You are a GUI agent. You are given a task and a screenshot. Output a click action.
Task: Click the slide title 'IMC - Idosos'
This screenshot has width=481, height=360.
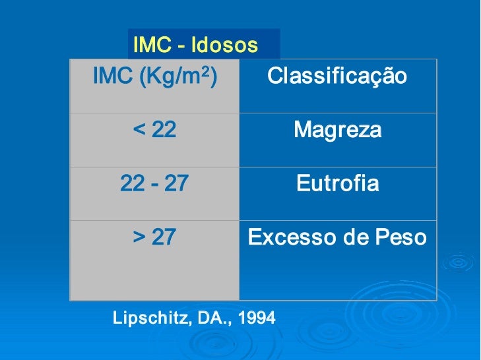click(x=195, y=45)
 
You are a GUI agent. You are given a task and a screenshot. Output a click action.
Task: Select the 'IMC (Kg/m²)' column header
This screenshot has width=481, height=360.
click(x=155, y=76)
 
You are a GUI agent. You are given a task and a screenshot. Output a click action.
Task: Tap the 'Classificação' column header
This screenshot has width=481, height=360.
click(x=337, y=76)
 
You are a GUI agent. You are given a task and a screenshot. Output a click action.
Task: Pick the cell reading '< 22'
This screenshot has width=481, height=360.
click(x=155, y=130)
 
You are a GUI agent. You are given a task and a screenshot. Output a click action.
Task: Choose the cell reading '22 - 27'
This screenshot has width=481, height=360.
click(x=154, y=183)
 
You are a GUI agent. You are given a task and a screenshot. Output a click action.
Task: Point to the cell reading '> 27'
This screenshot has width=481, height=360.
click(x=155, y=237)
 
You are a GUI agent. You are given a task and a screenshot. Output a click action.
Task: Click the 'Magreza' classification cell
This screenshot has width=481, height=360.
click(x=337, y=130)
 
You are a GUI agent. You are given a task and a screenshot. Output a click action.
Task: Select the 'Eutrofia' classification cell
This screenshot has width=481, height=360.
click(x=337, y=183)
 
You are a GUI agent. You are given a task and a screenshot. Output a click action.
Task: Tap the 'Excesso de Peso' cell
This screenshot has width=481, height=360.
click(x=337, y=237)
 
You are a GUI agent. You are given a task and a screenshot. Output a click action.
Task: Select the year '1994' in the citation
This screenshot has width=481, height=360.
click(x=257, y=318)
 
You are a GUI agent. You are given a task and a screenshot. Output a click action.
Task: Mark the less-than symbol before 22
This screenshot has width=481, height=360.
click(x=139, y=130)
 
